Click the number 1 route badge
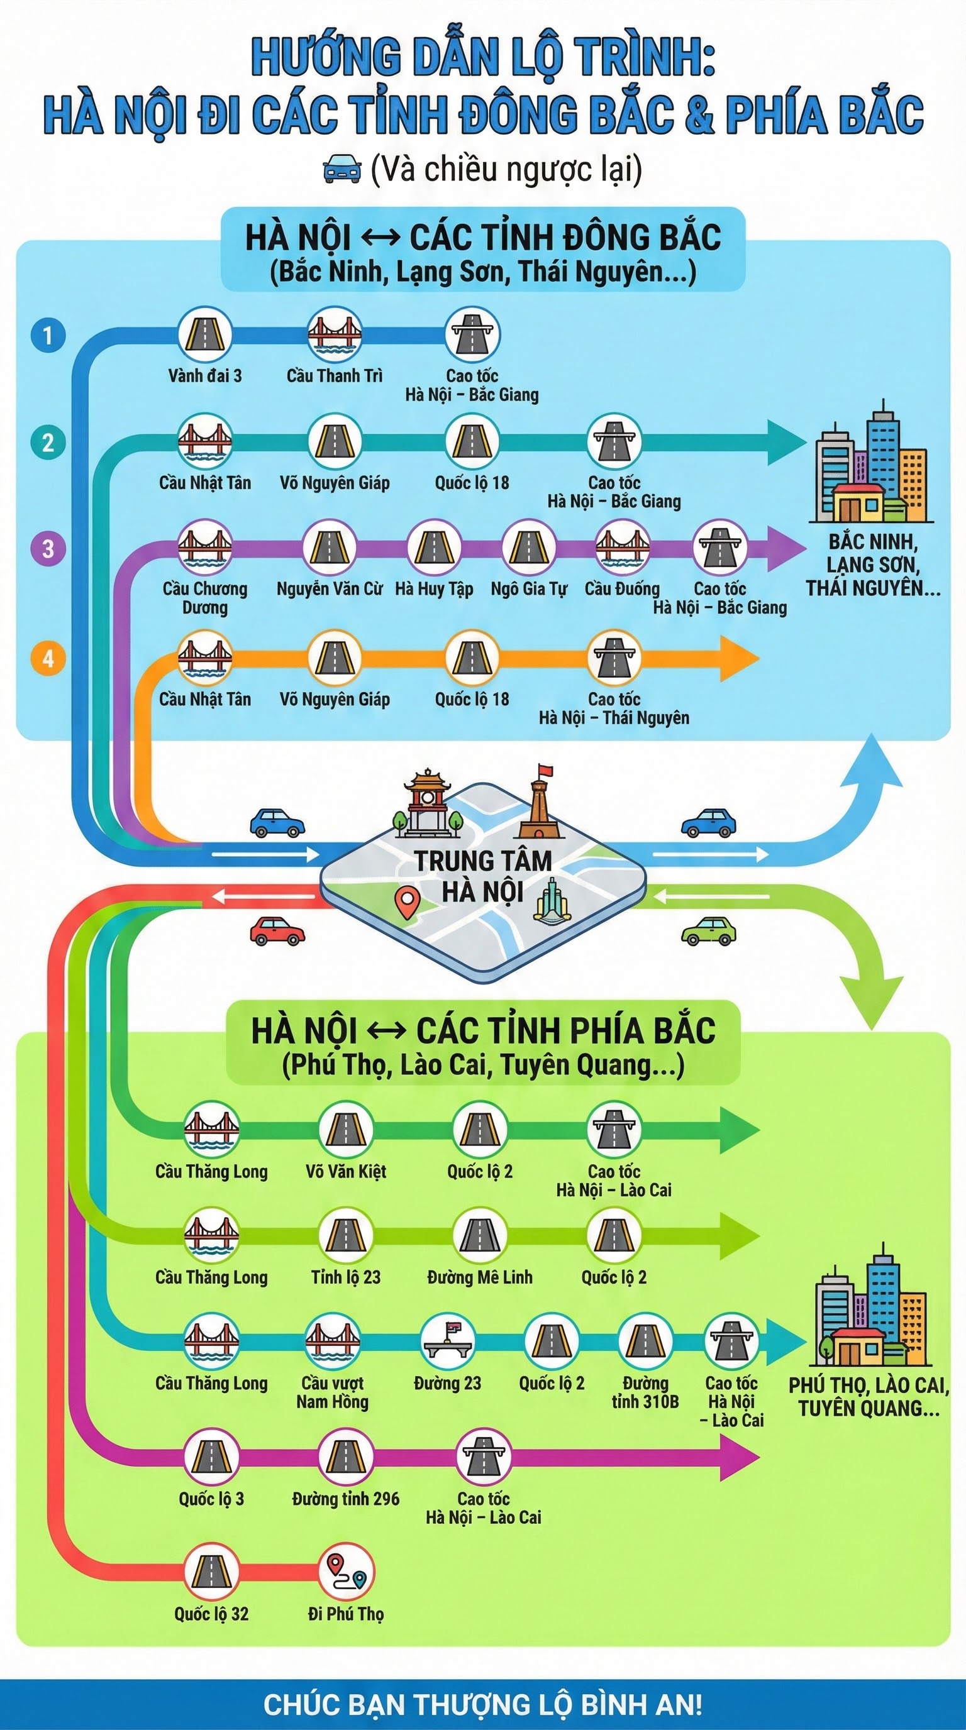pos(48,335)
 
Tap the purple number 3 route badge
pos(48,549)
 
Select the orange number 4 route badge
pos(48,658)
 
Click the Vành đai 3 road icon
pos(205,334)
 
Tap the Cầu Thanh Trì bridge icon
pos(335,334)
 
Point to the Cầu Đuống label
pos(622,589)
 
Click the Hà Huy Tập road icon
pos(433,548)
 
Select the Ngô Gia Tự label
pos(529,589)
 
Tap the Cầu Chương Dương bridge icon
pos(205,548)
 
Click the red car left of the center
pos(277,931)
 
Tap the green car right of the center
pos(708,930)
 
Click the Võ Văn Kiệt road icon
pos(345,1130)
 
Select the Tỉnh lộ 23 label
pos(345,1277)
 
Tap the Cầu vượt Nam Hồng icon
pos(333,1343)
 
